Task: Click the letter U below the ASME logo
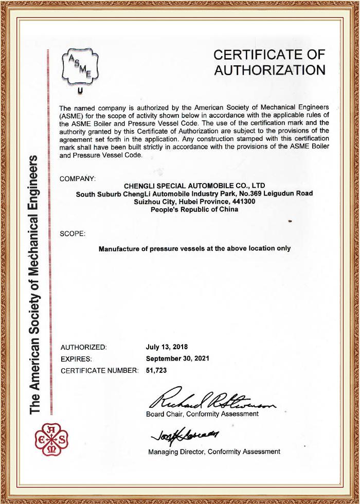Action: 80,93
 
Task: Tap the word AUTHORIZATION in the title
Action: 269,70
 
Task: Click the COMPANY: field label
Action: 78,178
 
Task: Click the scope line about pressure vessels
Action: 194,248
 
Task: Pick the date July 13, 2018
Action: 167,346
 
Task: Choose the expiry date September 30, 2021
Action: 177,358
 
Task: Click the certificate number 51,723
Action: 157,370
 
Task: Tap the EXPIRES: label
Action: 76,358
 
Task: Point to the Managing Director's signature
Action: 186,437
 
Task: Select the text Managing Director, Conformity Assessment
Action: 214,452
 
